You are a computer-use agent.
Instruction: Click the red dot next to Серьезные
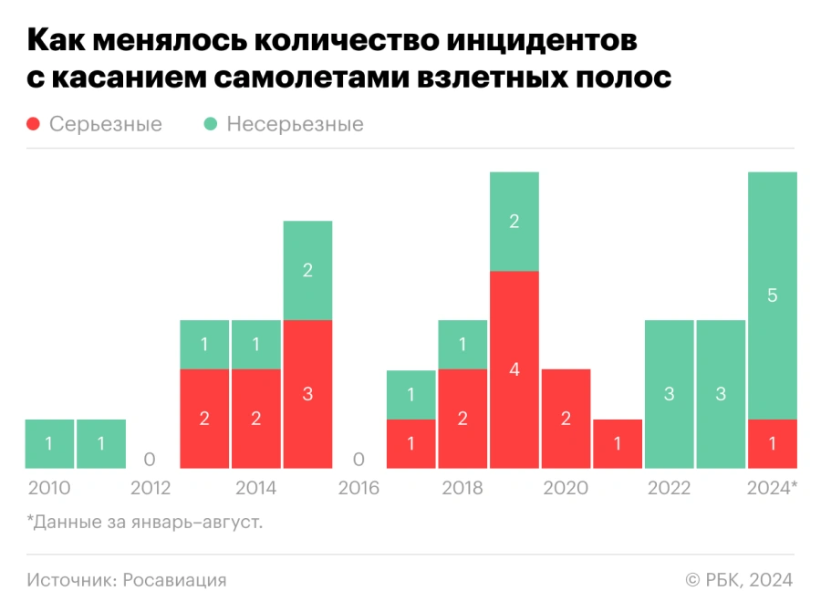pos(35,124)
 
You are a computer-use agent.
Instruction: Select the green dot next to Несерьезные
pos(212,124)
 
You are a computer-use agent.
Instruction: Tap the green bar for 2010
pos(49,443)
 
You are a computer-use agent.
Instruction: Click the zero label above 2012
pos(150,459)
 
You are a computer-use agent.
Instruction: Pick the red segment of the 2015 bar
pos(307,394)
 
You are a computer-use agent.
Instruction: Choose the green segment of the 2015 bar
pos(307,270)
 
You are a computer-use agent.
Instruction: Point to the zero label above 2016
pos(359,459)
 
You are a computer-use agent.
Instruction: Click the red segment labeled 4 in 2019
pos(514,369)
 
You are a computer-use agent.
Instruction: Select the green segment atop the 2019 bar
pos(514,221)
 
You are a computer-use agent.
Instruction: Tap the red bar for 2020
pos(566,419)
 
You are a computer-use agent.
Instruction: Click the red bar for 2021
pos(618,443)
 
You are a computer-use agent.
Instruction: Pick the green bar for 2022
pos(669,394)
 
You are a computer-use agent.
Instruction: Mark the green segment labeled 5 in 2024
pos(773,296)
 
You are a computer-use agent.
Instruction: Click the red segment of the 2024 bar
pos(773,443)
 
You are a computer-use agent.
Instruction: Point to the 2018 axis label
pos(462,488)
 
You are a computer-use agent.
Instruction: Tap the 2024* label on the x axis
pos(772,488)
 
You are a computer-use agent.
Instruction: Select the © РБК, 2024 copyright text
pos(739,580)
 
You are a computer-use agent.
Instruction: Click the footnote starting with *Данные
pos(138,523)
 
